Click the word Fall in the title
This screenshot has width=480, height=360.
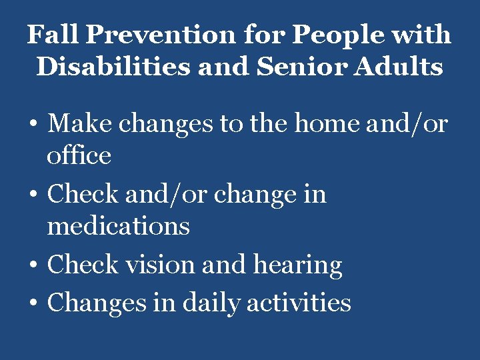pos(50,35)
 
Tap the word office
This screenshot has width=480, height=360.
pos(79,155)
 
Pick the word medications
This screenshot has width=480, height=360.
pos(118,226)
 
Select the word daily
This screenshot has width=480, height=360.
pos(209,303)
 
